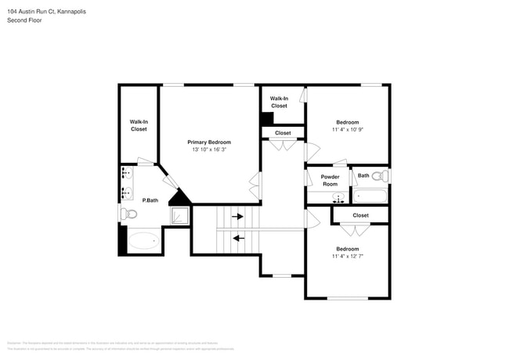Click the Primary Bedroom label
209,142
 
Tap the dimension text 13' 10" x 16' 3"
209,149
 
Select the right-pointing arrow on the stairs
237,216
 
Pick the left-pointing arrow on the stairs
237,238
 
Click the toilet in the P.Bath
129,213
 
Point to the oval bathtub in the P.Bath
143,241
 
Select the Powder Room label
330,180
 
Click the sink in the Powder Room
338,196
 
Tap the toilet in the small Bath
379,176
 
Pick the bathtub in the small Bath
370,196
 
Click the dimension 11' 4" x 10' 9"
348,129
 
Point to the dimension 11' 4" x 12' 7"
348,256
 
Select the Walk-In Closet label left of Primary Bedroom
139,125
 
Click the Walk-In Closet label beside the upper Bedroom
280,102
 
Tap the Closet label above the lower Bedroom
361,214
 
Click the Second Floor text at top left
25,20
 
